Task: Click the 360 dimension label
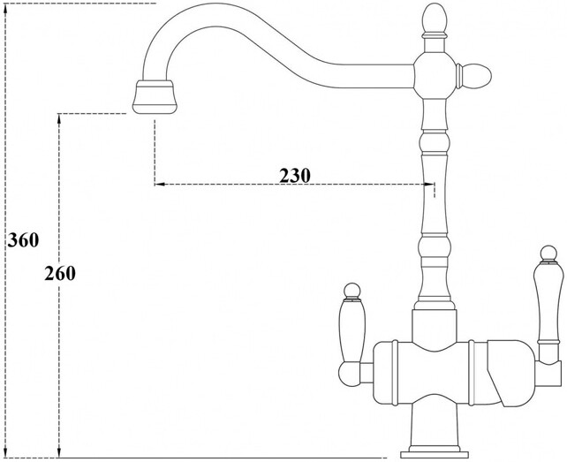click(x=21, y=239)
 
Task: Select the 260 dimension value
click(x=60, y=273)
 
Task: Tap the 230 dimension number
click(x=295, y=175)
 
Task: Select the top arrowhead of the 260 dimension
click(x=59, y=117)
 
